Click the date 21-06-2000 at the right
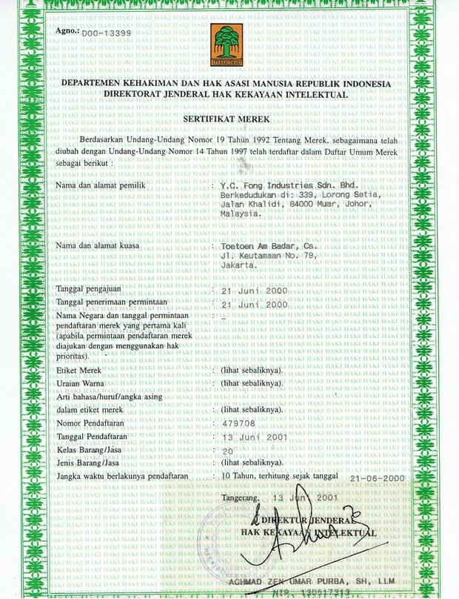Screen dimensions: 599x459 (x=378, y=478)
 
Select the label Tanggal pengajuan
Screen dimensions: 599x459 (x=90, y=290)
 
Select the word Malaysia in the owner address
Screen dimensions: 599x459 (x=241, y=213)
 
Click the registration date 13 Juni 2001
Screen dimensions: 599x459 (x=255, y=436)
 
